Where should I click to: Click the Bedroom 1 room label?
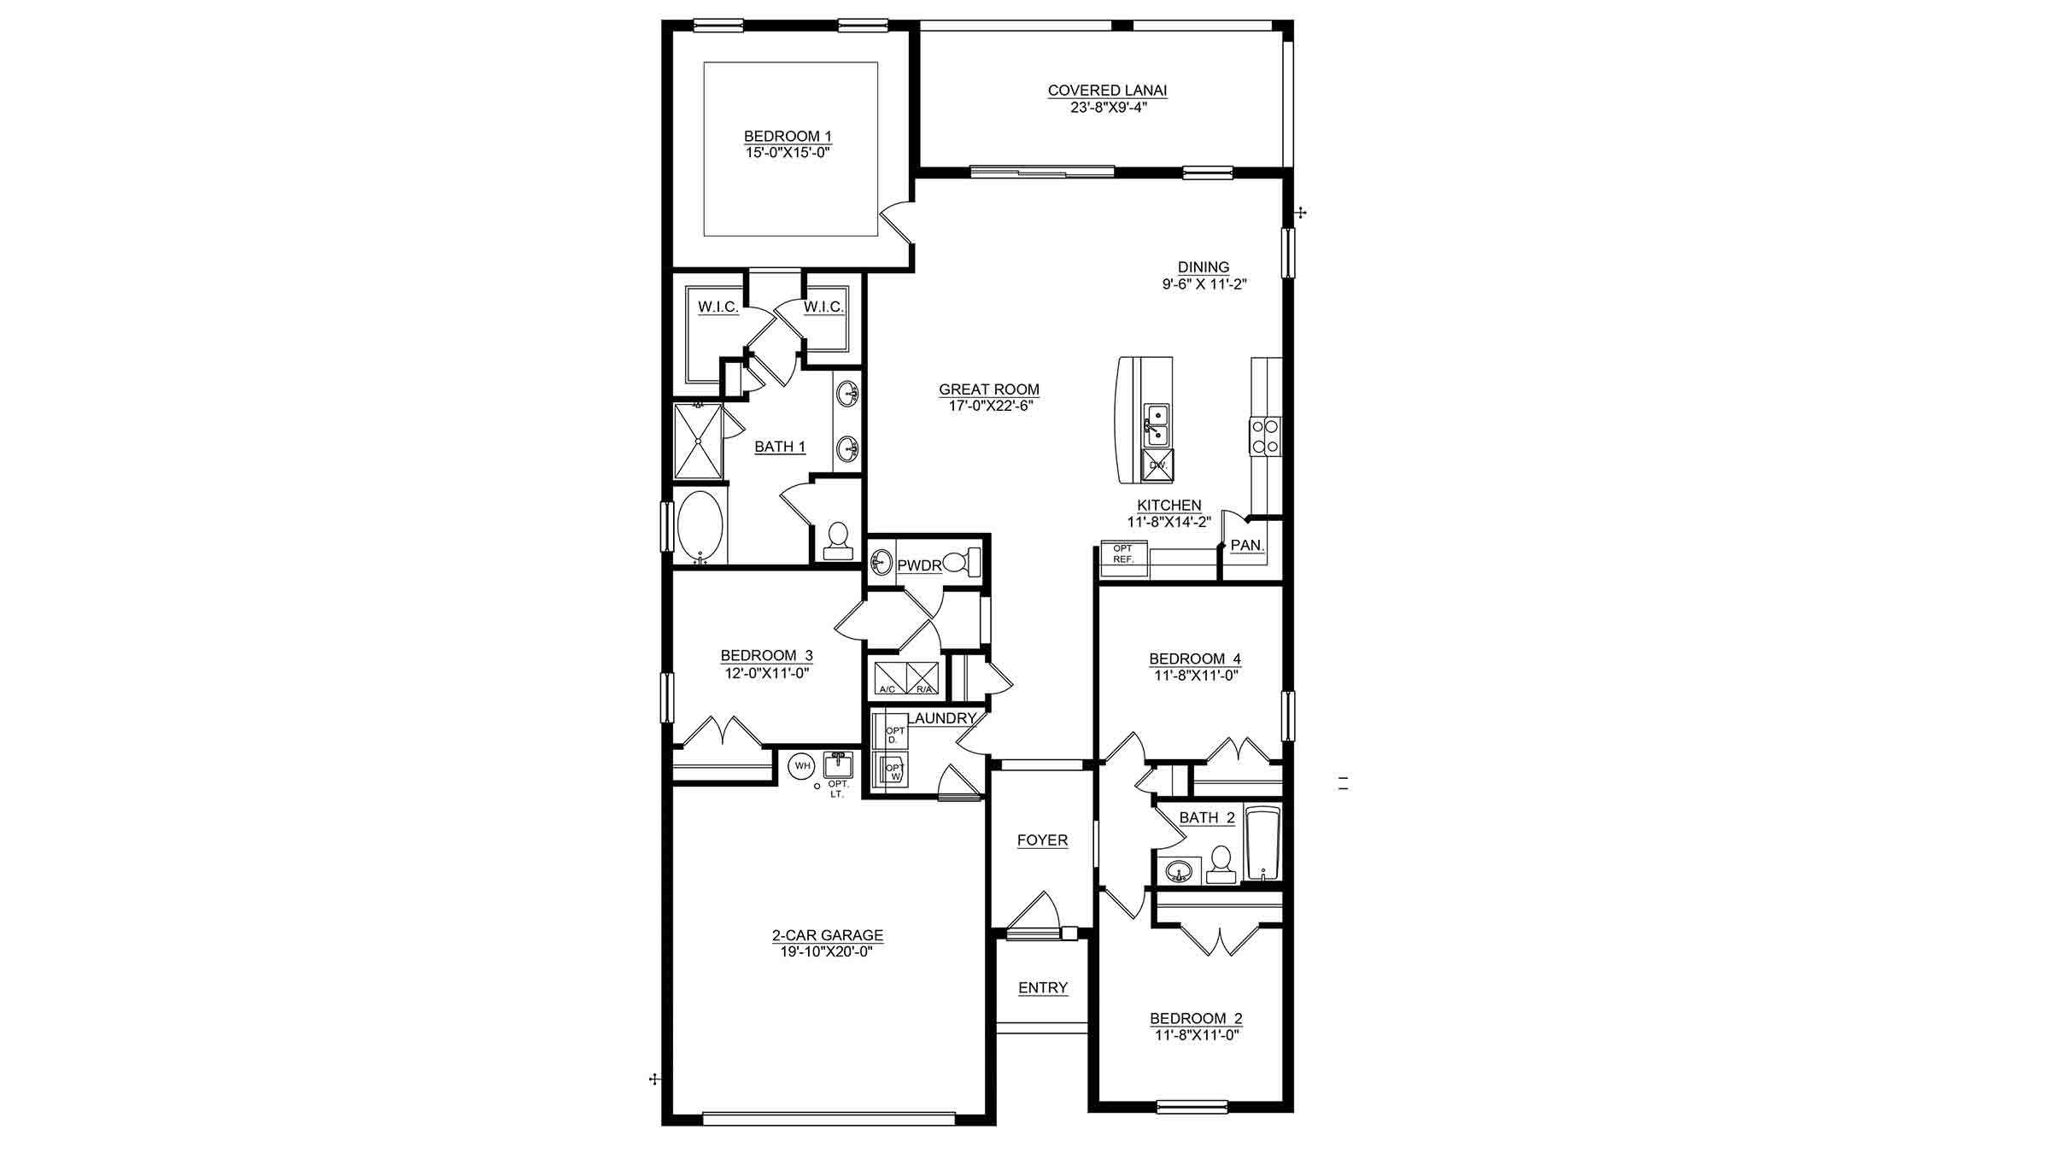click(x=788, y=137)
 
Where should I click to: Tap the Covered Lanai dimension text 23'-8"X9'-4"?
click(x=1107, y=107)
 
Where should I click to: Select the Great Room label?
click(x=989, y=389)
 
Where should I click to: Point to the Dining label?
click(x=1204, y=267)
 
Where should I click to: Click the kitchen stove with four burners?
click(x=1265, y=435)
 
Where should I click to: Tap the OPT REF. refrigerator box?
click(x=1123, y=553)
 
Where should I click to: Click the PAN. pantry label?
click(x=1247, y=545)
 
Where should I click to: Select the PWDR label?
click(x=918, y=565)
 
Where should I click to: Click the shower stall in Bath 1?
click(x=698, y=442)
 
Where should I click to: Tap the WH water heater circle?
click(x=802, y=766)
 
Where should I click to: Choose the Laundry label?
click(x=941, y=719)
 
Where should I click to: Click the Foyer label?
click(x=1042, y=840)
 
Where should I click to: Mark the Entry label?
click(x=1043, y=988)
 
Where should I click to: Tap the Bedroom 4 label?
click(x=1195, y=658)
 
